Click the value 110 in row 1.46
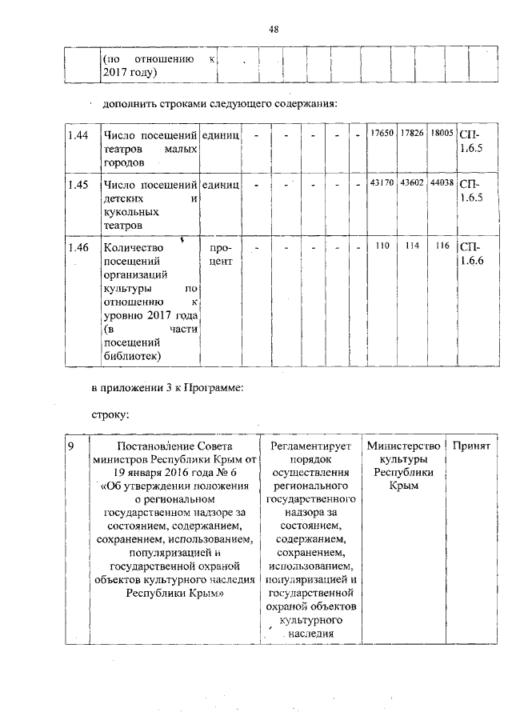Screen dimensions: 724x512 click(x=382, y=246)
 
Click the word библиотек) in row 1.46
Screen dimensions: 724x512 click(x=132, y=356)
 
